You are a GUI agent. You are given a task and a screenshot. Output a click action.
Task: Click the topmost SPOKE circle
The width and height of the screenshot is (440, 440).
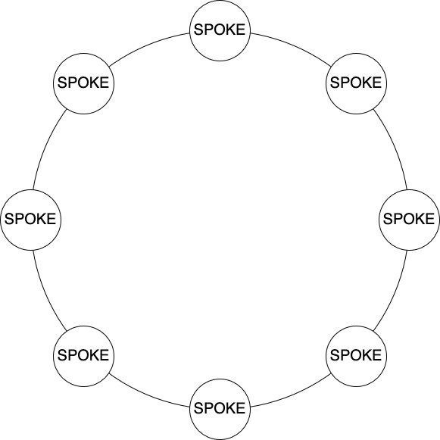point(220,30)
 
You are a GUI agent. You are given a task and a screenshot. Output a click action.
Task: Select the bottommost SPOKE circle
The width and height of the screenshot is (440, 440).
point(220,409)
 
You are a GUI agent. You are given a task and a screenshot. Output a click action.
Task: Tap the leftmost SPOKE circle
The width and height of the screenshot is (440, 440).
point(30,220)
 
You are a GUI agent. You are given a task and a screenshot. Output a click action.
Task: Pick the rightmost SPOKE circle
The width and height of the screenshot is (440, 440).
point(409,220)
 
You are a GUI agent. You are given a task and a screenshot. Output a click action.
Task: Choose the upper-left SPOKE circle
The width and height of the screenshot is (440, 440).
point(83,83)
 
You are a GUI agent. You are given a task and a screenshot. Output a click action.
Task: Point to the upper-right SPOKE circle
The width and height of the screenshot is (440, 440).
point(356,83)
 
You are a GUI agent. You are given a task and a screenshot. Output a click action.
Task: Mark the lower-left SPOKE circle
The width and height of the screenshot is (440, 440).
point(83,356)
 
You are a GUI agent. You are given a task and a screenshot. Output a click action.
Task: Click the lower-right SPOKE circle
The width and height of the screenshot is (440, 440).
point(356,356)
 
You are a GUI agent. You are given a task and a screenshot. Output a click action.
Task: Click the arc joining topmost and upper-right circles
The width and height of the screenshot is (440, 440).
point(292,45)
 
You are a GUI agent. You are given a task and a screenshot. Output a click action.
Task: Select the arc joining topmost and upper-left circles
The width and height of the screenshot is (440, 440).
point(148,45)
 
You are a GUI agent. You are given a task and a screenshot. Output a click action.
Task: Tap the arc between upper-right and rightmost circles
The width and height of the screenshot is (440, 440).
point(395,148)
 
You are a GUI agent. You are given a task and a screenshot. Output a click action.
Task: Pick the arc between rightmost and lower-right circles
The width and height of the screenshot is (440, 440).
point(395,292)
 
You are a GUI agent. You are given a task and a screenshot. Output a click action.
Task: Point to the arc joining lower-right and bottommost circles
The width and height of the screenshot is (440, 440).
point(292,395)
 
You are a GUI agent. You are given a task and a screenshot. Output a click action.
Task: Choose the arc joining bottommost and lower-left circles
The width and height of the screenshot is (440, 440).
point(148,395)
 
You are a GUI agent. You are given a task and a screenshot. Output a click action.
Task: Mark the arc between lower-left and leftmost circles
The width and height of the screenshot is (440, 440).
point(45,292)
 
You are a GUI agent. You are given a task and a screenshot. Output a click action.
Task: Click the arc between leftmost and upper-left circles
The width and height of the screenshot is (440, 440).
point(45,148)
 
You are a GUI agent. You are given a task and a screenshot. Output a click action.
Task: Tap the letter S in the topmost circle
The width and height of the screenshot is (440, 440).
point(199,30)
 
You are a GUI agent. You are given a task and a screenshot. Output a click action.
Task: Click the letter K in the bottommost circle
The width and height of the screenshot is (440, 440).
point(231,408)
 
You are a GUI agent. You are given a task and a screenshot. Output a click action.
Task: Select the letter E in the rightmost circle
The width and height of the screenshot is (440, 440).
point(429,219)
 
